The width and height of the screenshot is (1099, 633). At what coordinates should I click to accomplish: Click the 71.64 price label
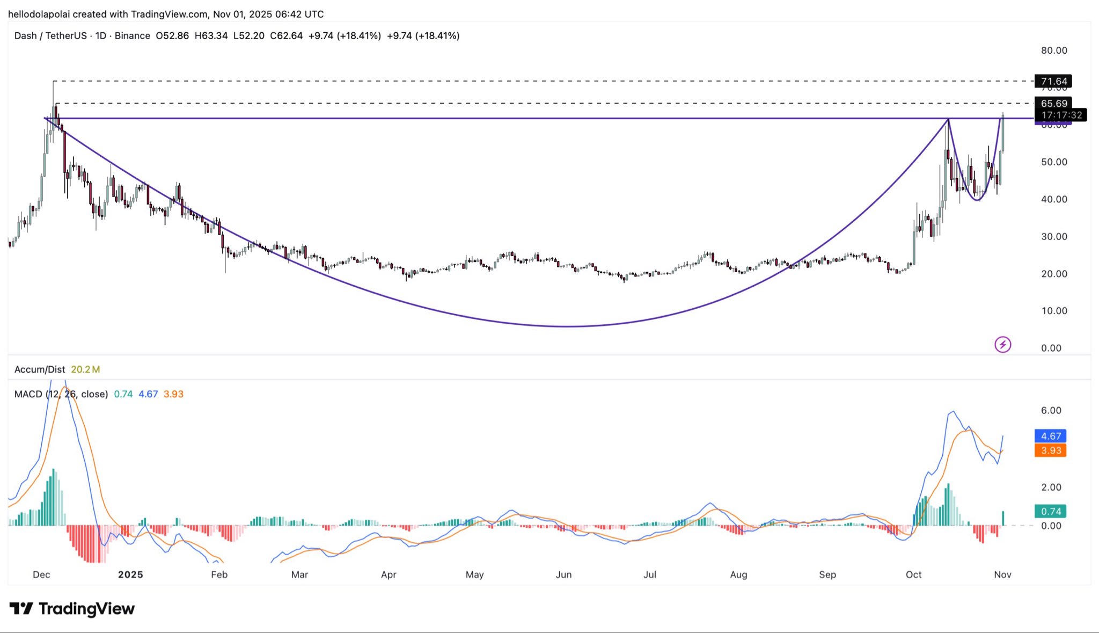(1053, 82)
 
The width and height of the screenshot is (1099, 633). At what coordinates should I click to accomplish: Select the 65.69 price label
(1053, 103)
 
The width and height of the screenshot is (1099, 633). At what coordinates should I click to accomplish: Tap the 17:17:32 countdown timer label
(1061, 115)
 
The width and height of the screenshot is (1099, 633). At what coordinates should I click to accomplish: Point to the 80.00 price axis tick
(1054, 50)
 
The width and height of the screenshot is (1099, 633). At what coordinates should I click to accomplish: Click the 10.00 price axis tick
(1054, 311)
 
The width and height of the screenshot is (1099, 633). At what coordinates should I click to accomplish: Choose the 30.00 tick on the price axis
(1054, 236)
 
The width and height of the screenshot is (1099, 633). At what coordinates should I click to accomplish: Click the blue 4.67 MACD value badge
(1050, 436)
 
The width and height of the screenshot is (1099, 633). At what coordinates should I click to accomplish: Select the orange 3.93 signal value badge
(1050, 450)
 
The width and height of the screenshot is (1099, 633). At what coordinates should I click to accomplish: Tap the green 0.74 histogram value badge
(1050, 511)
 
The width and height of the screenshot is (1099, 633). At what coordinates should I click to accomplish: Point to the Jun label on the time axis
(563, 574)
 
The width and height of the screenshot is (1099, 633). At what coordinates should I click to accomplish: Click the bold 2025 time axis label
(130, 574)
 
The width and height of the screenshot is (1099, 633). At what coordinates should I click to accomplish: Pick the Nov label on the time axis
(1002, 574)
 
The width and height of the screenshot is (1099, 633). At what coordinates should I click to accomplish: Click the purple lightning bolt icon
(1002, 344)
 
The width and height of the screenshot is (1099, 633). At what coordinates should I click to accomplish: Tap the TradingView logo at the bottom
(72, 609)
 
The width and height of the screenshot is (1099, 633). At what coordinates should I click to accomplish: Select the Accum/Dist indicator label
(40, 369)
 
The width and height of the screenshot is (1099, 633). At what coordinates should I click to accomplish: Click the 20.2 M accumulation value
(85, 369)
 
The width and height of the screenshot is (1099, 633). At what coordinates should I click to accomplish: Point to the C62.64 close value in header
(286, 36)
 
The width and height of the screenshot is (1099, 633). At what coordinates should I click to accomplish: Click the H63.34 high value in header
(211, 36)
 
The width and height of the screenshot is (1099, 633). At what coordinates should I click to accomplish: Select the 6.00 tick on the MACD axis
(1051, 411)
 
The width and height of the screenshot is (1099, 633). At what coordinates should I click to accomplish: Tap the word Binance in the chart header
(132, 36)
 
